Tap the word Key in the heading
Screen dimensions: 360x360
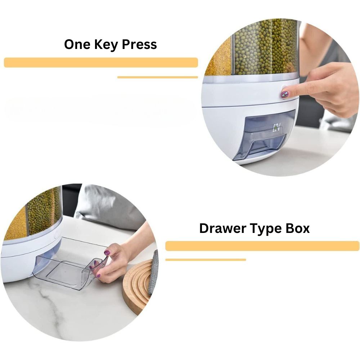(106, 45)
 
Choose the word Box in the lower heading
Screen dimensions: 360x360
(298, 228)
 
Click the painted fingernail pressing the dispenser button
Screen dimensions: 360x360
(284, 94)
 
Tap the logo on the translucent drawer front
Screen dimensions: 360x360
(276, 128)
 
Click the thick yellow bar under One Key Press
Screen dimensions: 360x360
(101, 62)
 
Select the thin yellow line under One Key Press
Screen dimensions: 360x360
(158, 77)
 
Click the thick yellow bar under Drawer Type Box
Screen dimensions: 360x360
(262, 246)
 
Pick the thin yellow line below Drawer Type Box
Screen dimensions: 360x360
(206, 260)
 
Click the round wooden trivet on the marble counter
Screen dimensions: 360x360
(137, 287)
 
